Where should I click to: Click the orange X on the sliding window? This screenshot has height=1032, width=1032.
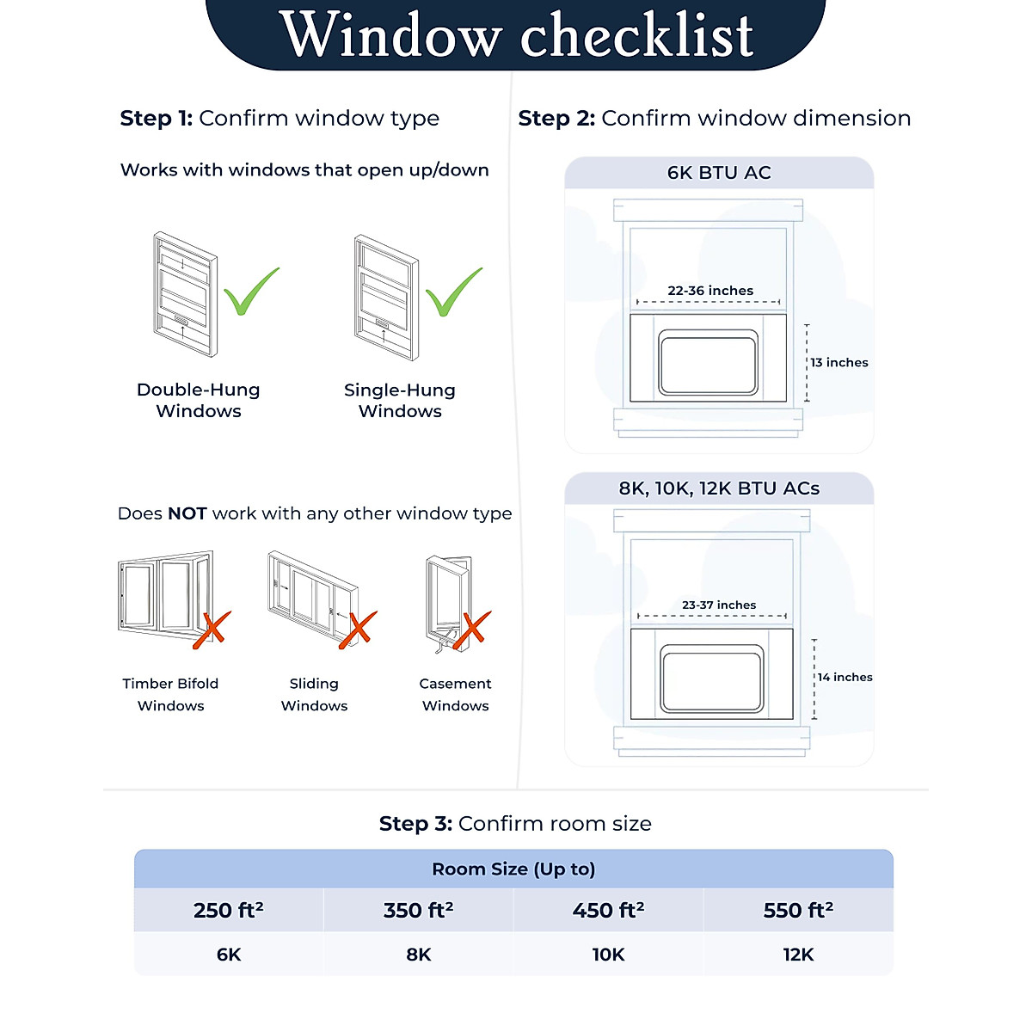point(357,629)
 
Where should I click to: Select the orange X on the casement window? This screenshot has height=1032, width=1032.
point(471,629)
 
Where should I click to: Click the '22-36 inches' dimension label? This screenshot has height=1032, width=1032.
point(710,291)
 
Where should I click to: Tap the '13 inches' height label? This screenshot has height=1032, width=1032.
point(838,363)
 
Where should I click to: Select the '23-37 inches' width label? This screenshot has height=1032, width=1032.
point(719,605)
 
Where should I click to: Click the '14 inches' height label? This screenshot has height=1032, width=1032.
point(845,678)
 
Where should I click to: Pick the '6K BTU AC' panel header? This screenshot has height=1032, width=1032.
point(719,173)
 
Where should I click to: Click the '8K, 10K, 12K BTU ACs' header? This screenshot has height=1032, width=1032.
point(719,488)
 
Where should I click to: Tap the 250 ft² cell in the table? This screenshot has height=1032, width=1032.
point(229,910)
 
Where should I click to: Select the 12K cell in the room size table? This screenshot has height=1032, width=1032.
point(798,955)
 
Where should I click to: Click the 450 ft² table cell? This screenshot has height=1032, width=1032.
point(608,910)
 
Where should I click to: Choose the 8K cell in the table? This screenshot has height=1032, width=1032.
point(419,955)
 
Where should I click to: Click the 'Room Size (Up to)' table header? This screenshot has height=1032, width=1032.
point(513,869)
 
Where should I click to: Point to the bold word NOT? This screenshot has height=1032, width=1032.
point(187,513)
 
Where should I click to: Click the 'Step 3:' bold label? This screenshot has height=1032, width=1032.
point(415,824)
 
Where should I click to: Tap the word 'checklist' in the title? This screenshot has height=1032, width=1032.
point(636,36)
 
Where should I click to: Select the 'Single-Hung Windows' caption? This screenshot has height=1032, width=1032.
point(400,400)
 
